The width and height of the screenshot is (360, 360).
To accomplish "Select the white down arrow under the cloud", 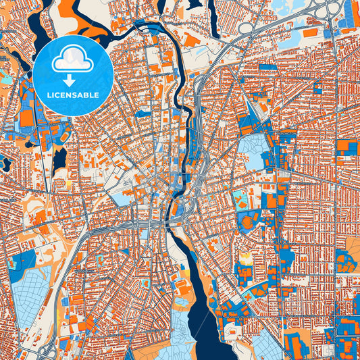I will (x=70, y=80).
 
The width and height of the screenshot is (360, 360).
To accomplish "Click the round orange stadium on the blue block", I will (x=248, y=222).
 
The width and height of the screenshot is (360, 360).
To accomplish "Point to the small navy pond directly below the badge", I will (x=60, y=159).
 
